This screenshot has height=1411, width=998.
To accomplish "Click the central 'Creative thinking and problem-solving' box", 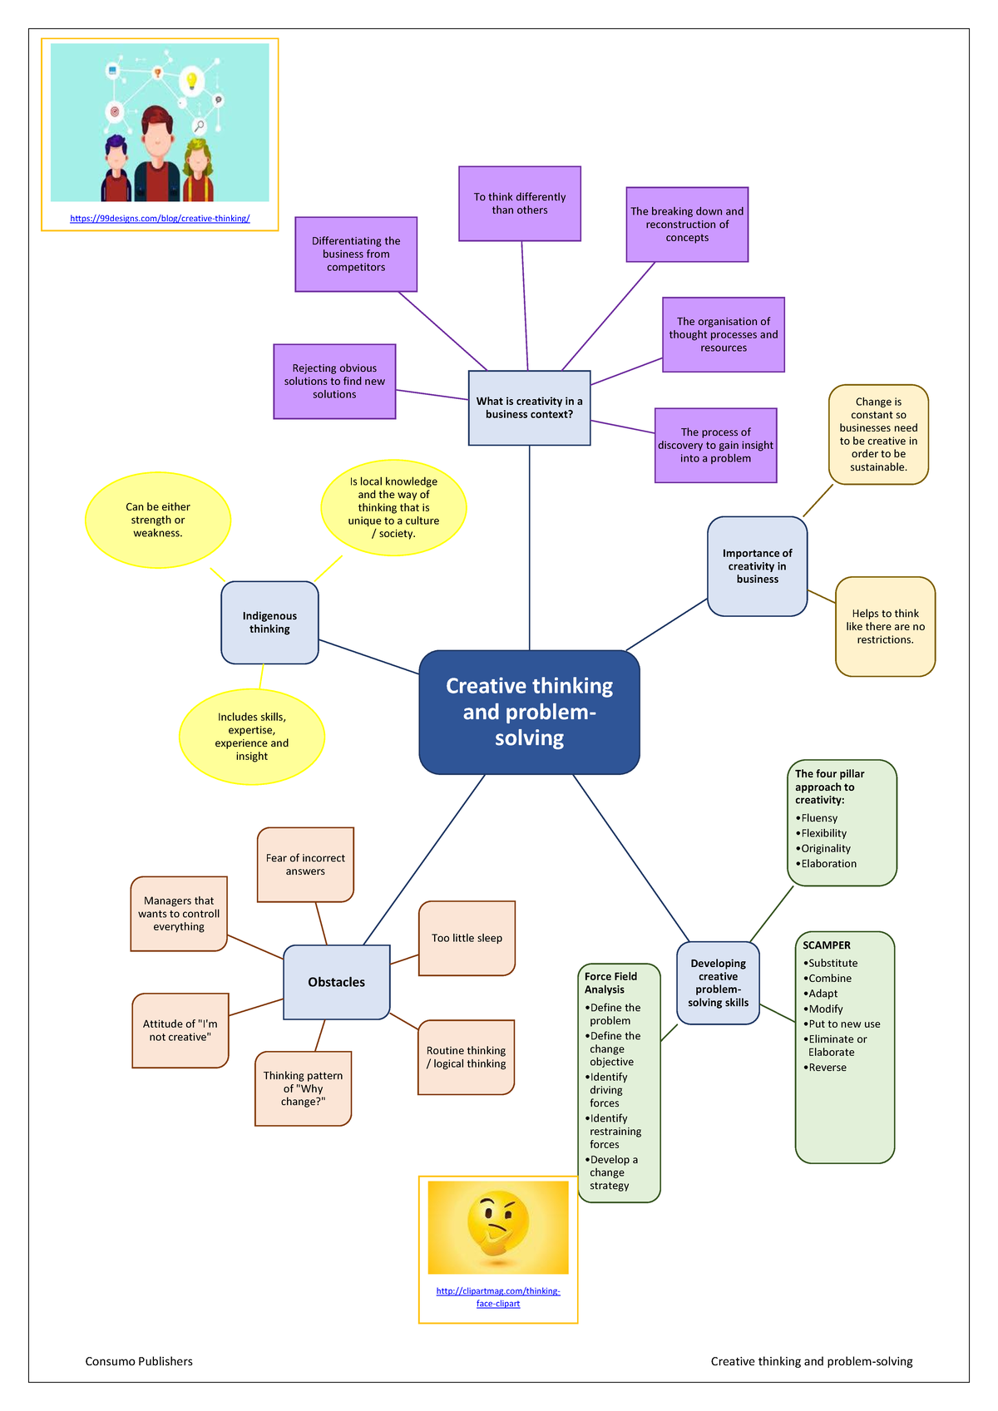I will (529, 712).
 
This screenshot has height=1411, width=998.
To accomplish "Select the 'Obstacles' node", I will (336, 982).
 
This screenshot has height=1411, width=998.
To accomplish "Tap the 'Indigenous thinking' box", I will (269, 623).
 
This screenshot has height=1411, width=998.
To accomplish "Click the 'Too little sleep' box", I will (467, 938).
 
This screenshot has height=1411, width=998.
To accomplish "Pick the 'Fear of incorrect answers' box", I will (305, 865).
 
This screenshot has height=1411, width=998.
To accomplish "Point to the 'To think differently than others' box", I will (520, 204).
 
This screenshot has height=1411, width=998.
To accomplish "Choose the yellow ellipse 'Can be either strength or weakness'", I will (158, 520).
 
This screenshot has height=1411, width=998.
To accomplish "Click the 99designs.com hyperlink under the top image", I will (160, 219).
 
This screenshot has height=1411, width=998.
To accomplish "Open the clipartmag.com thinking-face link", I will (498, 1297).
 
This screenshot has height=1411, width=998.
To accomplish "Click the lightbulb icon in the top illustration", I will (192, 81).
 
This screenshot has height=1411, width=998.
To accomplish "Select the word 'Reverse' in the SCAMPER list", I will (828, 1068).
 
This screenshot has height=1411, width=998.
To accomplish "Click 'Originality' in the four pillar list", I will (825, 848).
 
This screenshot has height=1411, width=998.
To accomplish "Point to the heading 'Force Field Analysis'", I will (610, 983).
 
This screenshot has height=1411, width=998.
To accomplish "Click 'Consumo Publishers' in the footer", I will (139, 1361).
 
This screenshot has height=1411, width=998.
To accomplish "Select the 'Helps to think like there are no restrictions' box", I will (885, 626).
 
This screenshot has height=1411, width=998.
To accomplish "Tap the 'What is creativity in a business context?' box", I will (529, 407).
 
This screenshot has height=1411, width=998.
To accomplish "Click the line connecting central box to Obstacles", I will (424, 860).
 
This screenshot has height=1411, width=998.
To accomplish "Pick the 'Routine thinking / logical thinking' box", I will (467, 1057).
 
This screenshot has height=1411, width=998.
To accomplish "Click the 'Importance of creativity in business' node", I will (757, 566).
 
